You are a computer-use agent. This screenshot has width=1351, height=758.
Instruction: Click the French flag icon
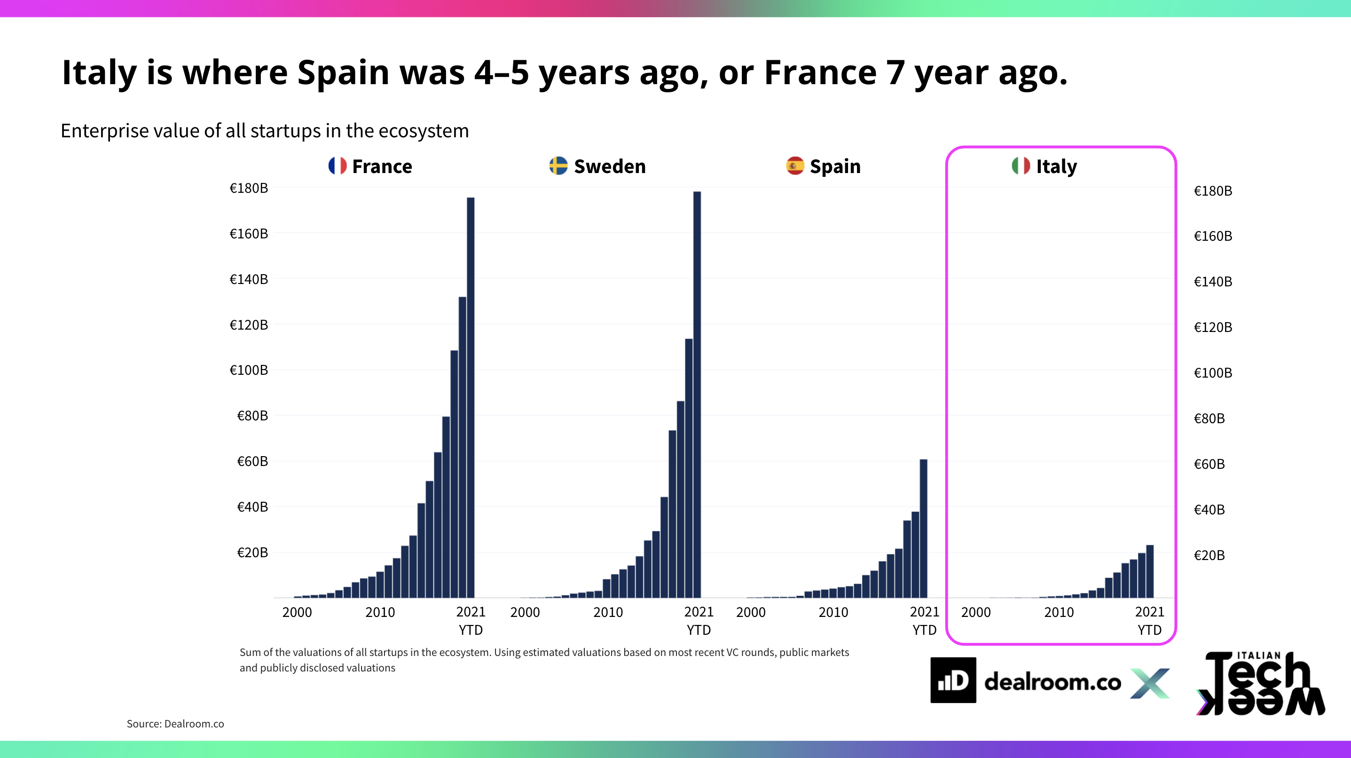tap(337, 166)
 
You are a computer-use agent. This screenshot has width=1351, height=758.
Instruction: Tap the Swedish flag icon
tap(558, 166)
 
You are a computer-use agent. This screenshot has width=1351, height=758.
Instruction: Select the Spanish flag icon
tap(794, 166)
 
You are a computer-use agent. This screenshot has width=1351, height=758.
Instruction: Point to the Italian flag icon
tap(1021, 166)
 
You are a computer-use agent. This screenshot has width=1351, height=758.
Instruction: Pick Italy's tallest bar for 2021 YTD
tap(1150, 571)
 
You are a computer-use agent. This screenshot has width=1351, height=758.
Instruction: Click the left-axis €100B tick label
tap(249, 371)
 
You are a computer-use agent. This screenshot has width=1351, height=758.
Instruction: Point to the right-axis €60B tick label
tap(1209, 464)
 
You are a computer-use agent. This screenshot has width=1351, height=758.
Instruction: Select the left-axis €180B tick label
tap(249, 188)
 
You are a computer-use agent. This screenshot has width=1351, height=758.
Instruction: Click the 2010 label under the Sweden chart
tap(608, 612)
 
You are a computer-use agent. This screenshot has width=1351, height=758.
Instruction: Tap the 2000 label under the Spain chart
tap(751, 612)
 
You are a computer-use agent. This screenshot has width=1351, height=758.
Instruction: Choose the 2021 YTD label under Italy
tap(1150, 621)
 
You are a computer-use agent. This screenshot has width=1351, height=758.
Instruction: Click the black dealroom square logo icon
tap(953, 680)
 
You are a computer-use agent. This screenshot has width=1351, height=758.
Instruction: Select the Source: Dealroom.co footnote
tap(175, 724)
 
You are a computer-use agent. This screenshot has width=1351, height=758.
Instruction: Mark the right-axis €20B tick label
tap(1209, 555)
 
